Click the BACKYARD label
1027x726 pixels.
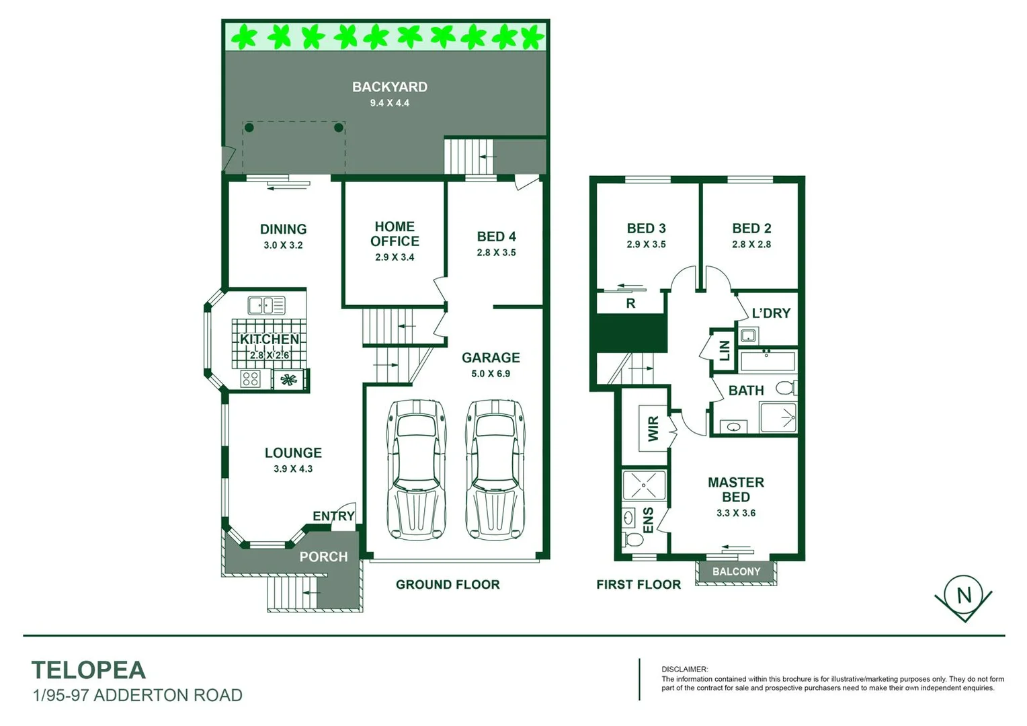point(389,87)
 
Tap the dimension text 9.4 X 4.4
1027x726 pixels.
point(389,103)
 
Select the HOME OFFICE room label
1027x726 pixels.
point(395,234)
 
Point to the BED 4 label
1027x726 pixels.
point(496,237)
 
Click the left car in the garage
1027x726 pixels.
point(417,470)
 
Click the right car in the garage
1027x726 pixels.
point(495,470)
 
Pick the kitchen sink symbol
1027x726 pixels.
point(266,305)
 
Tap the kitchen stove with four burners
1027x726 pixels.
point(251,379)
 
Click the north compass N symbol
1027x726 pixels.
point(964,595)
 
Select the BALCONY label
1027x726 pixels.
point(736,571)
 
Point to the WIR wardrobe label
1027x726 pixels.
point(653,429)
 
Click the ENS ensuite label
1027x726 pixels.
point(648,520)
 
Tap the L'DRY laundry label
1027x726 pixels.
point(770,313)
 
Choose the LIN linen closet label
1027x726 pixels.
point(725,350)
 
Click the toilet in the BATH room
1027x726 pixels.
point(785,388)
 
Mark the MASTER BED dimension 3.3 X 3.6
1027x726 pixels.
point(736,513)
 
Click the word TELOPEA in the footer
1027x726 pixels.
point(89,670)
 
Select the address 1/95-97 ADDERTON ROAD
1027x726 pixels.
point(138,695)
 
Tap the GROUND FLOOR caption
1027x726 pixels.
point(448,585)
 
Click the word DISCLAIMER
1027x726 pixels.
point(684,670)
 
